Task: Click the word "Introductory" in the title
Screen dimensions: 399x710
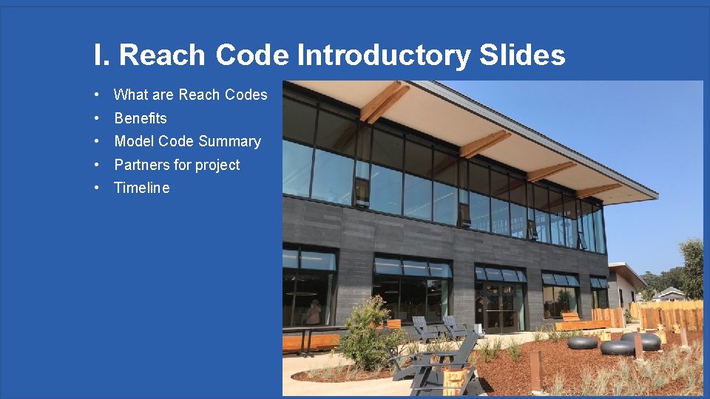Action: coord(384,55)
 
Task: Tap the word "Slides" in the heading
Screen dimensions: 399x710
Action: coord(522,55)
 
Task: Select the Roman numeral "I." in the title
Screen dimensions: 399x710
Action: coord(103,55)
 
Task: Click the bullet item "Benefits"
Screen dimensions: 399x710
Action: coord(141,118)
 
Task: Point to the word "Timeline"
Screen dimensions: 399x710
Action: coord(142,188)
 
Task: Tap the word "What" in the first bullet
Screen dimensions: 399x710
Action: coord(131,95)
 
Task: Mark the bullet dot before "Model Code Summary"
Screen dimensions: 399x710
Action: coord(98,141)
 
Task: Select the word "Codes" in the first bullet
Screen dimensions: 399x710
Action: coord(245,95)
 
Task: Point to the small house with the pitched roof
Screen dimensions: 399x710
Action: coord(669,293)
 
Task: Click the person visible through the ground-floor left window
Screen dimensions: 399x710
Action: coord(314,313)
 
